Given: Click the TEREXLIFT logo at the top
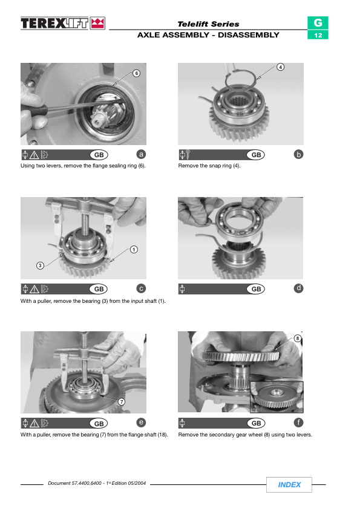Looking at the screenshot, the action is [63, 24].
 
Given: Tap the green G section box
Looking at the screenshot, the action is [318, 23].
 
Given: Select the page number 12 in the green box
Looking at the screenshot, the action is [318, 35].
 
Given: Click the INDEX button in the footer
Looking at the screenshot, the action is [289, 485].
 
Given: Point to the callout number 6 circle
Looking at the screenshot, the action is [137, 73].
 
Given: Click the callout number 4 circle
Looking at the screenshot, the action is [280, 67].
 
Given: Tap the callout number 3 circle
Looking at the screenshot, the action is [40, 265].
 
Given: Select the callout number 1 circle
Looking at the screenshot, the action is [134, 250].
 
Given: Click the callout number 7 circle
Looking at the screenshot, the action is [121, 402].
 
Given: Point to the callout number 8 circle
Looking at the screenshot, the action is [297, 339].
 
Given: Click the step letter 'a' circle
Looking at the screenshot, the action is [141, 154].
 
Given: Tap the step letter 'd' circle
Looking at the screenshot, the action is [298, 288].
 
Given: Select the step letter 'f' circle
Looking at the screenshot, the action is [298, 423].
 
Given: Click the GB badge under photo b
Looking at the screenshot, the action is [256, 155].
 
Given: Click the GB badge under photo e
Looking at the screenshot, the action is [99, 423].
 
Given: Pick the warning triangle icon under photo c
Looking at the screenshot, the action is [34, 289].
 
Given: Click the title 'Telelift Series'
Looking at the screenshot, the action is [208, 24].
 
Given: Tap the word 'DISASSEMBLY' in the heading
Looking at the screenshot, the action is [249, 35].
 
